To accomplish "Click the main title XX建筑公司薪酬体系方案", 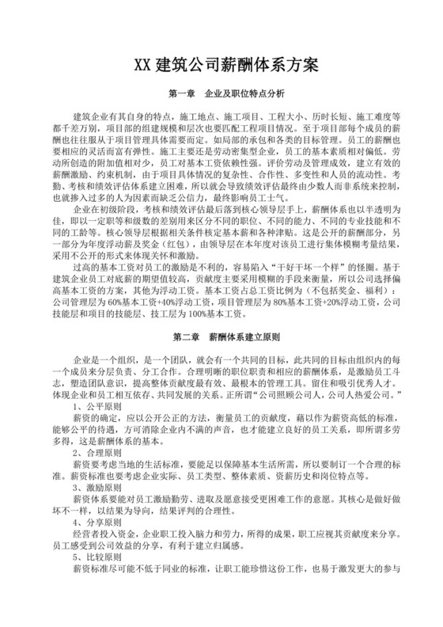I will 221,64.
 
